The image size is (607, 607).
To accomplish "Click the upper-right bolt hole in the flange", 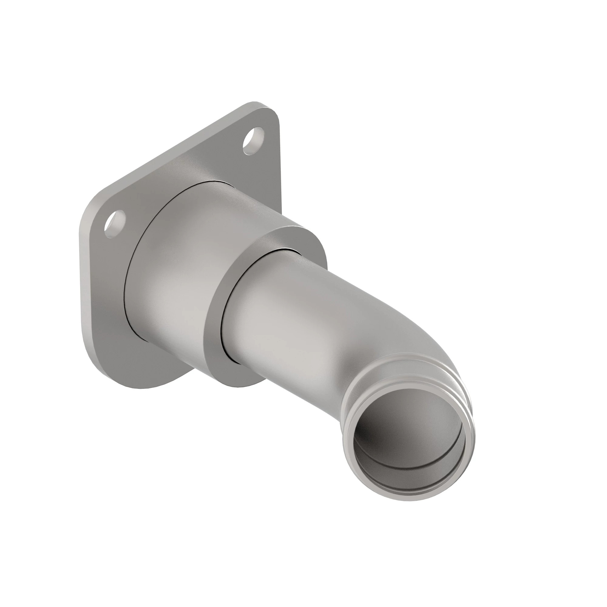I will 253,141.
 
